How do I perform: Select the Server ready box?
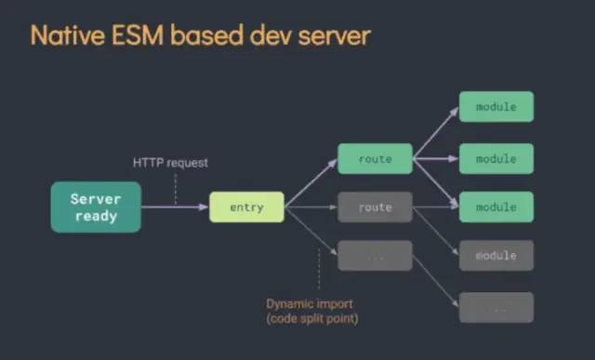[x=96, y=207]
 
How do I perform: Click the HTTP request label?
[x=171, y=163]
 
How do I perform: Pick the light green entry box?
[x=246, y=207]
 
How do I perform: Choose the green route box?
[x=375, y=159]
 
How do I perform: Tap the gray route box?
[x=375, y=207]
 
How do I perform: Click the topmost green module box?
[x=496, y=107]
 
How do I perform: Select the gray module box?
[x=496, y=255]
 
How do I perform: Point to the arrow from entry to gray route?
[x=311, y=207]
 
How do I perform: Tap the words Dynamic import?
[x=310, y=304]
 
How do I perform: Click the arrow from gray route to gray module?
[x=435, y=231]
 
